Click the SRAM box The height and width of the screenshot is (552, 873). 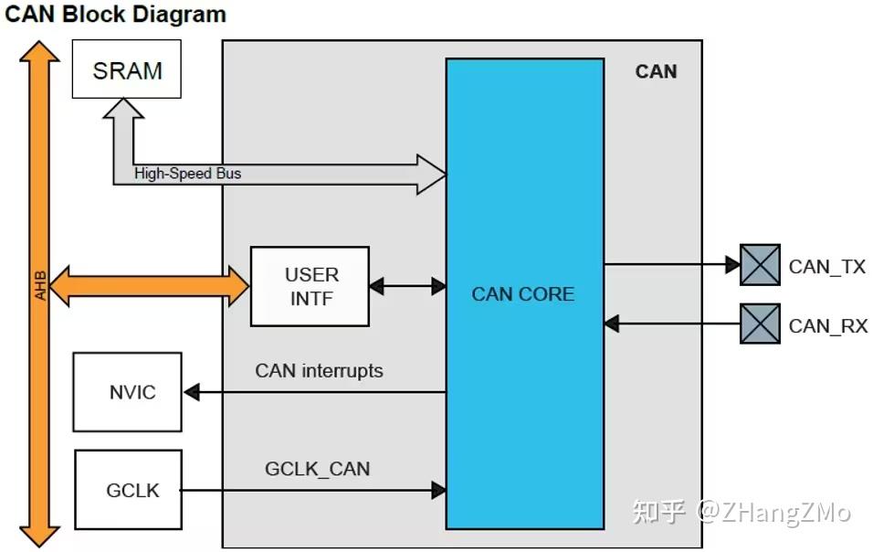(126, 69)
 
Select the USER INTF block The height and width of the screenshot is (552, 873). (310, 286)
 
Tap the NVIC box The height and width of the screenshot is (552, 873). (128, 392)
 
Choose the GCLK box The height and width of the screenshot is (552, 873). (128, 490)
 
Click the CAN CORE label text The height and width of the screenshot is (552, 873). (522, 294)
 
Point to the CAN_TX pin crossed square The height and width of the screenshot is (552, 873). (760, 265)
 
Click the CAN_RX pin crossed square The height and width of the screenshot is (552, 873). (760, 324)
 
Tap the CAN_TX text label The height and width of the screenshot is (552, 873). (826, 267)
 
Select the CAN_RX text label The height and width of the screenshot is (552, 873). (827, 325)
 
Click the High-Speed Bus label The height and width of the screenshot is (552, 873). (188, 174)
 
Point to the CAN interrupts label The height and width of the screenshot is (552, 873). (319, 370)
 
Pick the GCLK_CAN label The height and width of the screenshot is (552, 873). (317, 469)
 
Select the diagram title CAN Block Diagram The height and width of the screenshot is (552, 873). (116, 14)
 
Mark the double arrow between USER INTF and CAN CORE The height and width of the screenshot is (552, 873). (407, 286)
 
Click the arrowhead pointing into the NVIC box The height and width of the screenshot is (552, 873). (191, 392)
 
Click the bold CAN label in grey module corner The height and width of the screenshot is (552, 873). (656, 71)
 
